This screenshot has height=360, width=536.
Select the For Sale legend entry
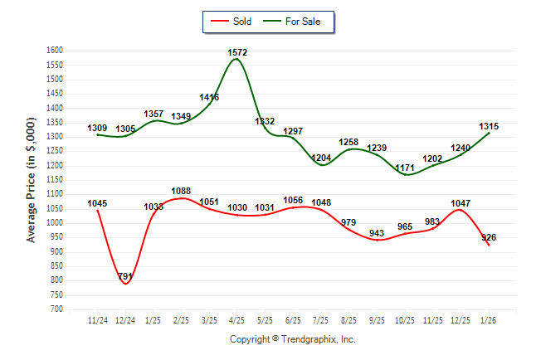coord(296,22)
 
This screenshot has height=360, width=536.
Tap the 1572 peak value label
coord(237,52)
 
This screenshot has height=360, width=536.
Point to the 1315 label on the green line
coord(489,126)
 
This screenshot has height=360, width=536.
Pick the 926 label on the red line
coord(488,237)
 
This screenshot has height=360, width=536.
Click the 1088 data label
coord(181,191)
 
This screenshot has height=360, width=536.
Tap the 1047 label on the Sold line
coord(461,202)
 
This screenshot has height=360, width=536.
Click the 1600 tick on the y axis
coord(55,51)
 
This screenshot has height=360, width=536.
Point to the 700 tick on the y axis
coord(57,309)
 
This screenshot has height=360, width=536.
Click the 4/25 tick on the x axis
coord(237,319)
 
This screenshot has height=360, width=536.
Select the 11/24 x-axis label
coord(98,319)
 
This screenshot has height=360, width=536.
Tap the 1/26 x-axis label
coord(490,319)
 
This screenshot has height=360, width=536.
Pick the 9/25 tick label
coord(378,319)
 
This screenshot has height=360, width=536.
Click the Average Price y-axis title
coord(32,180)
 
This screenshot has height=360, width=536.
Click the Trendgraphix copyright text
coord(292,339)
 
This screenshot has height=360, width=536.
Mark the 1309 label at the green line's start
coord(97,128)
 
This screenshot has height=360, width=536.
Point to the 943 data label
coord(377,233)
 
